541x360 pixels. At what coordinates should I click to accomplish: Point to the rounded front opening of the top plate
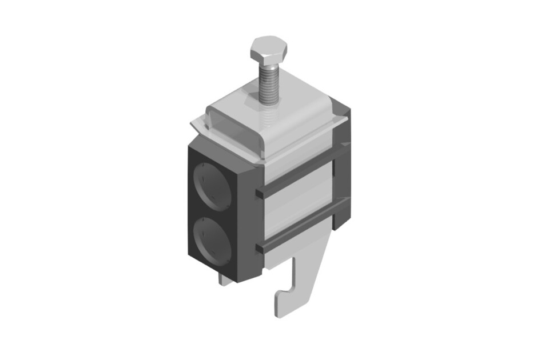[234, 128]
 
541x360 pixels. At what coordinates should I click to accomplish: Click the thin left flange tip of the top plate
[195, 125]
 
